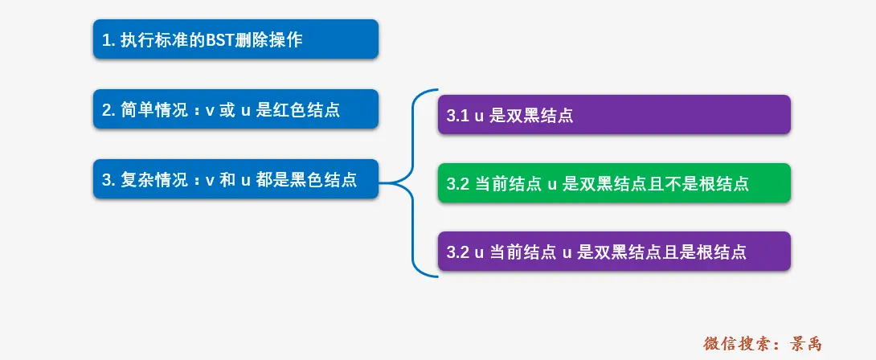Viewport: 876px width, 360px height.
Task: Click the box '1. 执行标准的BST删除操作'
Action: (235, 39)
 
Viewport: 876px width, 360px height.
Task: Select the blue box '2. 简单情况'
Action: (235, 109)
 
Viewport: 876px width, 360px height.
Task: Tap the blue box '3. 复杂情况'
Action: (235, 179)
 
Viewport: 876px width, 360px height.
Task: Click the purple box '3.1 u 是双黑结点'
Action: (615, 115)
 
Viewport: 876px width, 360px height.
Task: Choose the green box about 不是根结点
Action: (615, 183)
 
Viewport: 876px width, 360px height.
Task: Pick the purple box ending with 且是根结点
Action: (615, 252)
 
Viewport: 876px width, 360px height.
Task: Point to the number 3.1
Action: (457, 115)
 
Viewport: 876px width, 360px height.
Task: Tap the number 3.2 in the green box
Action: (457, 183)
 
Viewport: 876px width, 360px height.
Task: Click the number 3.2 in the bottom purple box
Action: (457, 252)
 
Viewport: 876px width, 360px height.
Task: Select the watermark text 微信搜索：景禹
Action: (763, 343)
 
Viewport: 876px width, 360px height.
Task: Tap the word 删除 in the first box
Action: (249, 39)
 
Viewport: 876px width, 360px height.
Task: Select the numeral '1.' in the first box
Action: (108, 39)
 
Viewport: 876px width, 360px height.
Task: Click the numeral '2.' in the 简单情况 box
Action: (108, 109)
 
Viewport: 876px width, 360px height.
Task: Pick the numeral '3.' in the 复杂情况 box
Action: (108, 179)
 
